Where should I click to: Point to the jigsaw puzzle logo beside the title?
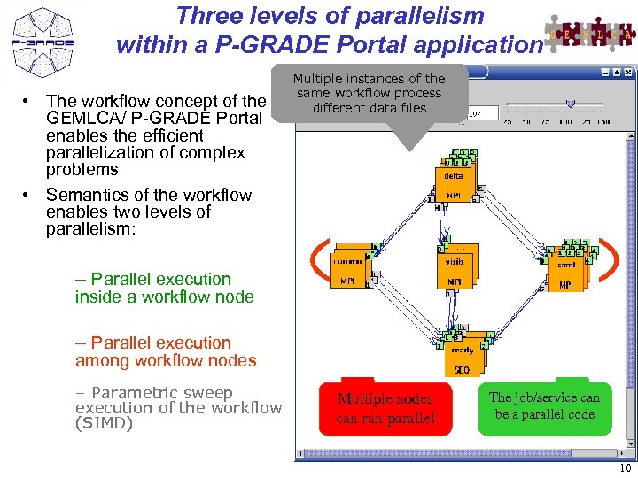coord(590,34)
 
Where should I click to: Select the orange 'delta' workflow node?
coord(455,181)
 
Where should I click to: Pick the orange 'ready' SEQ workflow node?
coord(463,354)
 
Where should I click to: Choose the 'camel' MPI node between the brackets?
coord(566,269)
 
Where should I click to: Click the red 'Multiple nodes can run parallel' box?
coord(385,408)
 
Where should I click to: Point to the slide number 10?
coord(626,468)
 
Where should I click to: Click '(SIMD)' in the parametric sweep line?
coord(104,423)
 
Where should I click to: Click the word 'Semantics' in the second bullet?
coord(86,195)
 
